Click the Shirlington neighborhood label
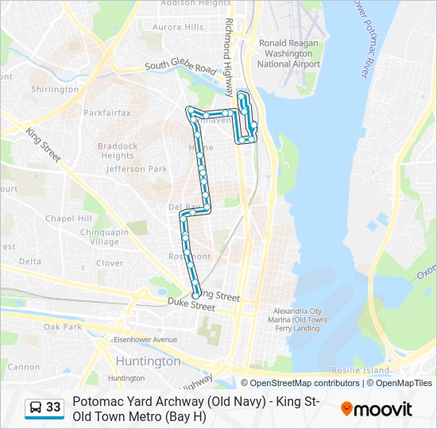[x=55, y=90]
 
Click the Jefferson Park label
[x=136, y=169]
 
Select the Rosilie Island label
[x=362, y=370]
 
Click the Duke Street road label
[x=191, y=305]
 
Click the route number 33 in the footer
[x=53, y=408]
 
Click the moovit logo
[x=377, y=409]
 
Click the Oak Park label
[x=63, y=327]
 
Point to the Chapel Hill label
[x=68, y=218]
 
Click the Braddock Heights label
[x=118, y=151]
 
